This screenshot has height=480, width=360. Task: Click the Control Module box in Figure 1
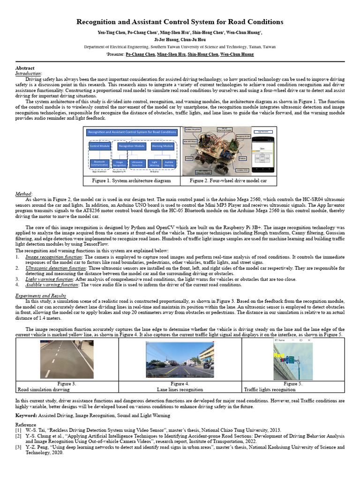click(x=99, y=146)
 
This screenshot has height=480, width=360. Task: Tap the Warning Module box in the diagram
click(x=162, y=146)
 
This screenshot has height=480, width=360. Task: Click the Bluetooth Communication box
click(x=99, y=163)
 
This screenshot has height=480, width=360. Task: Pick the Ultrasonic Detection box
click(x=137, y=164)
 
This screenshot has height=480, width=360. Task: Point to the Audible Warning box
click(x=169, y=164)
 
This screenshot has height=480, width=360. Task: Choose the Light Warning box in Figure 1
click(x=154, y=164)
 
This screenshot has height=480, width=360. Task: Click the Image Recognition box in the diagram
click(x=120, y=164)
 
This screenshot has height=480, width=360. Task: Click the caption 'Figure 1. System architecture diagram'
click(x=131, y=180)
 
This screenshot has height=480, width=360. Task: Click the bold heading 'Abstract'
click(x=25, y=68)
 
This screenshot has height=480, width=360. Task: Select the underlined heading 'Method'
click(x=23, y=194)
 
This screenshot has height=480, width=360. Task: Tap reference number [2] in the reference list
click(x=19, y=435)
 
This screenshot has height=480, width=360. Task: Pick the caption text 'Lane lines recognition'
click(x=180, y=390)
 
